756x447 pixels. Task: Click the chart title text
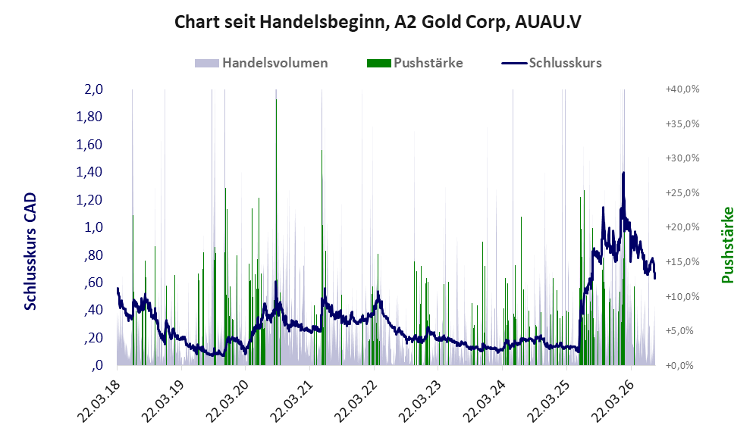[x=378, y=22]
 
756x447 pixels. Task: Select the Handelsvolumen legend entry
[x=262, y=63]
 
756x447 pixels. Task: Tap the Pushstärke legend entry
[x=415, y=63]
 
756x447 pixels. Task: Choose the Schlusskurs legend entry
[x=551, y=63]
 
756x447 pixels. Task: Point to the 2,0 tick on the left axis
[x=93, y=89]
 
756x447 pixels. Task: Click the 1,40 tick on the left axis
[x=89, y=172]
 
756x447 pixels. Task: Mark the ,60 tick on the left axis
[x=93, y=283]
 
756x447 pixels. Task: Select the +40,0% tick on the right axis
[x=682, y=89]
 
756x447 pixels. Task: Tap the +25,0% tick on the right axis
[x=682, y=192]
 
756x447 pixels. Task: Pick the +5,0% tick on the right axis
[x=680, y=331]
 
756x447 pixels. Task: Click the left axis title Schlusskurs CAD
[x=30, y=252]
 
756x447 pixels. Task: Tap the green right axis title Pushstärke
[x=727, y=245]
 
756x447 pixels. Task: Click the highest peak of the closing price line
[x=623, y=173]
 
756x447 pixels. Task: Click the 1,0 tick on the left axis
[x=93, y=227]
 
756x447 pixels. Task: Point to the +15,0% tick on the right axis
[x=682, y=262]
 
